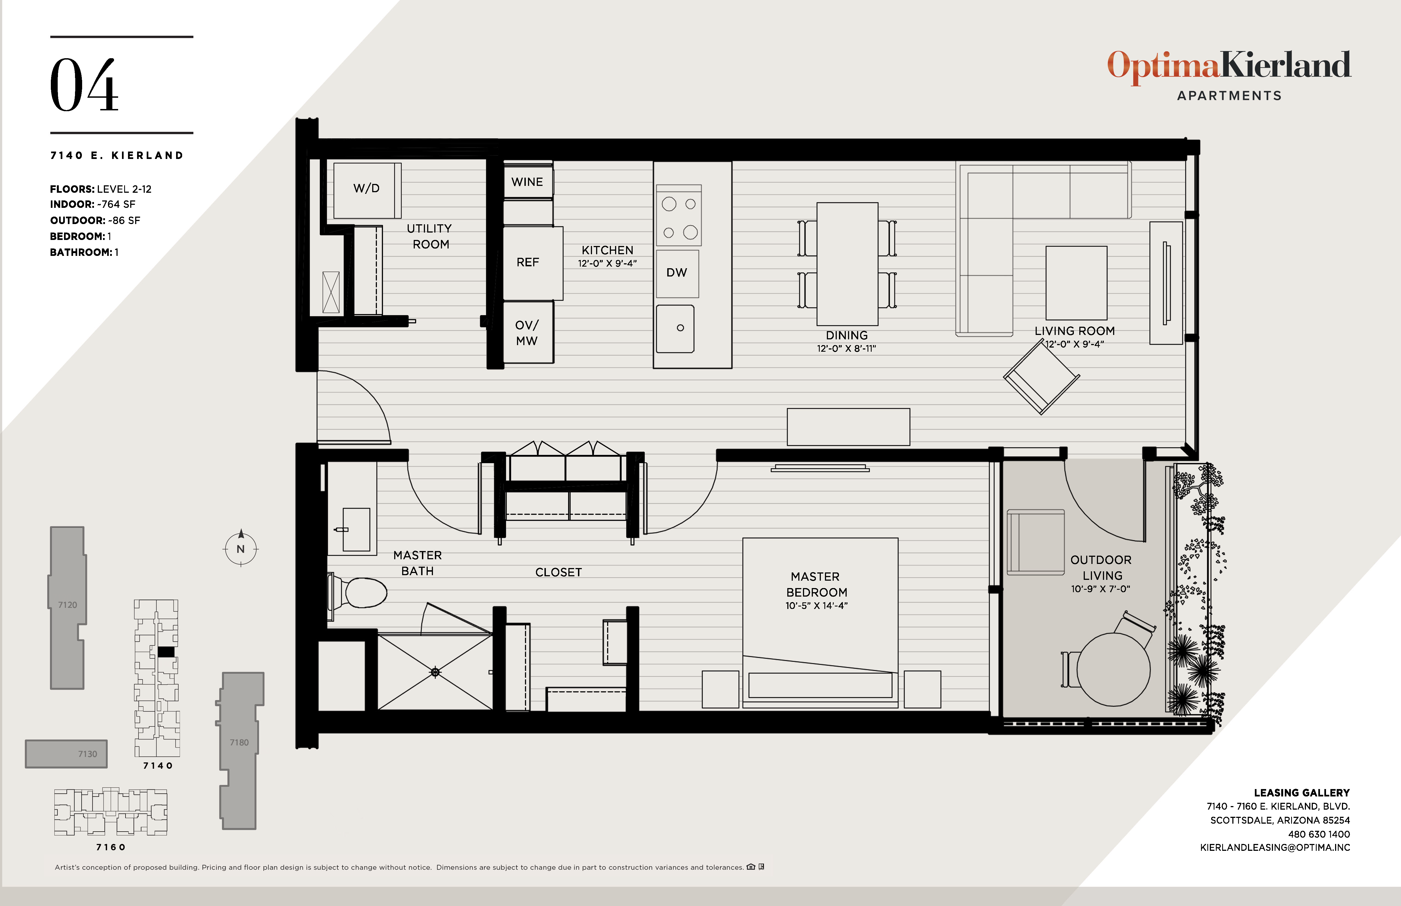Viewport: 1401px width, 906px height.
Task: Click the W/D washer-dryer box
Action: [367, 189]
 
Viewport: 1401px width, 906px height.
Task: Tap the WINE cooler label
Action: [527, 182]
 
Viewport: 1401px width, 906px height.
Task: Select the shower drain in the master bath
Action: [435, 672]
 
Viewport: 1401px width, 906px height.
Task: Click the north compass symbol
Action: [241, 549]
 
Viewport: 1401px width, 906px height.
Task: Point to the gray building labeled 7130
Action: [66, 754]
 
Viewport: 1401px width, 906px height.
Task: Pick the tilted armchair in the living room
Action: [1041, 378]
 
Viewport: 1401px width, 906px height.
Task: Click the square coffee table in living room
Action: [1076, 283]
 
